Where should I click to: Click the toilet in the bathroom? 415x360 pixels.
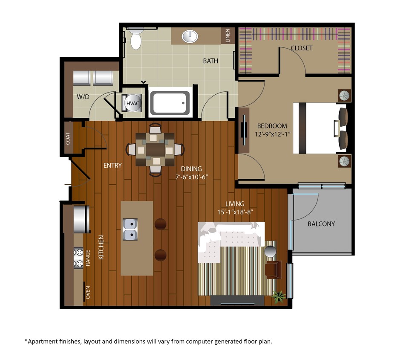tap(135, 39)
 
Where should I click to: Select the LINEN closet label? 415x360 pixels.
tap(228, 36)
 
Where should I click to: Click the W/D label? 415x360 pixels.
tap(83, 97)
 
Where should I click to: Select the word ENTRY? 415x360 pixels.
tap(112, 165)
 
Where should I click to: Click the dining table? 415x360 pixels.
tap(155, 149)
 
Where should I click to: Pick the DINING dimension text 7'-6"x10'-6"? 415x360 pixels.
tap(191, 177)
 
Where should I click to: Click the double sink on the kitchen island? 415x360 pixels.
tap(130, 229)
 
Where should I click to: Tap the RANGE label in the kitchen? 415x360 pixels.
tap(88, 258)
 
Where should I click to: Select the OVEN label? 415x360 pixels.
tap(88, 293)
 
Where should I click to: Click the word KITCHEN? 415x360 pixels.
tap(101, 248)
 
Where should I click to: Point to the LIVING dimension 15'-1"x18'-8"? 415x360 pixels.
tap(235, 212)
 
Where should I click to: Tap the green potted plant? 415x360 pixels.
tap(279, 296)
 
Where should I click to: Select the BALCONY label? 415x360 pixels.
tap(321, 224)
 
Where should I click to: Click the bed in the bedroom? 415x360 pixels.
tap(320, 128)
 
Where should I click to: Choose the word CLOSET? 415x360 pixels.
tap(301, 48)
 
